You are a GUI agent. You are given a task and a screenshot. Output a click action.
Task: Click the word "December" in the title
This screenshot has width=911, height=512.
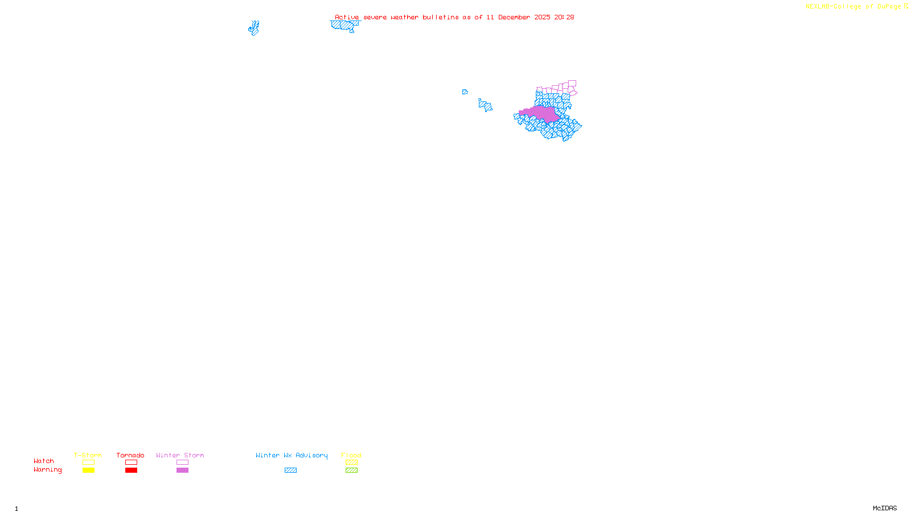(514, 17)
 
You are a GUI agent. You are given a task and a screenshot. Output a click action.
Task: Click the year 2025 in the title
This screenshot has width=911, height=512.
(542, 17)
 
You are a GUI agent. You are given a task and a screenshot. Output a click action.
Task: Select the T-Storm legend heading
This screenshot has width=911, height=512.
(88, 455)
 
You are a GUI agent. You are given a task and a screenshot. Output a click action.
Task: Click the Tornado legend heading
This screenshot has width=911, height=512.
(130, 455)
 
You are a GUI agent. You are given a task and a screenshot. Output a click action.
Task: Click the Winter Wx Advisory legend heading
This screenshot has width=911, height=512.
(292, 455)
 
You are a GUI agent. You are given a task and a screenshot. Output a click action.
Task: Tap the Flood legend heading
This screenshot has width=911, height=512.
(351, 455)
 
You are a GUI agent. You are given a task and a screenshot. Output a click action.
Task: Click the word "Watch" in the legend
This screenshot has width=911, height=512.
(44, 461)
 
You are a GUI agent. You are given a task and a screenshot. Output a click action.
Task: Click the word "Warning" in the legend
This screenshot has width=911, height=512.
(47, 470)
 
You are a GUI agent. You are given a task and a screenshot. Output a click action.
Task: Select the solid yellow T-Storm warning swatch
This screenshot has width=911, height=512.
(88, 470)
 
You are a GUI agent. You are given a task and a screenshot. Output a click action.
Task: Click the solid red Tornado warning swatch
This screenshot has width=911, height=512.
(131, 470)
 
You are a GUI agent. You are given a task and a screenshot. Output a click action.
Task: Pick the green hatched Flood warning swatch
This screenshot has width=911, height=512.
(351, 470)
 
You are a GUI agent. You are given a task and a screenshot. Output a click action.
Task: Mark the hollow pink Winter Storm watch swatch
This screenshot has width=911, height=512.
(182, 463)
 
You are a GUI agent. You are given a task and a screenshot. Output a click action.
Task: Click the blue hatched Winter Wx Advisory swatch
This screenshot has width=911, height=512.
(290, 470)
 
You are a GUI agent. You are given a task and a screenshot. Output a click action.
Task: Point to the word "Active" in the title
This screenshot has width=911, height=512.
(347, 17)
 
